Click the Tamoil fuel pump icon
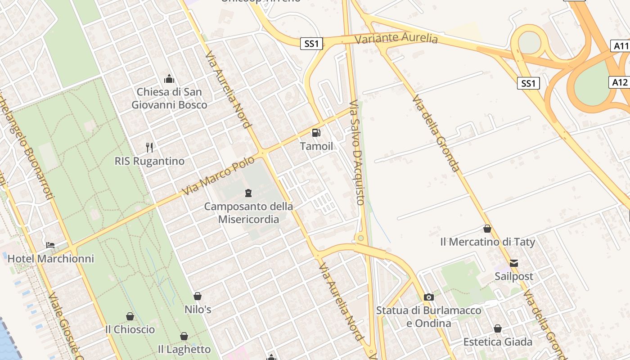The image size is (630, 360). pos(316,133)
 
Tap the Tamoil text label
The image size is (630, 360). pos(317,146)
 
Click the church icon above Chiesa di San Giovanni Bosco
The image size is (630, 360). pos(169,79)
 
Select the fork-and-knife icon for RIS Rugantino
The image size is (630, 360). pos(149,147)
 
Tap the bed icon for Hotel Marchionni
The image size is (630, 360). pos(50,245)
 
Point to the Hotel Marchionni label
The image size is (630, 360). pos(51,259)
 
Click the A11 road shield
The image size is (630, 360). pos(621,45)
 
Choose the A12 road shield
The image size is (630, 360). pos(620,82)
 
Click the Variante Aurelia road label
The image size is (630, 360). pos(396,38)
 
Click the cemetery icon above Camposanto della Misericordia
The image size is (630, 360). pos(248,193)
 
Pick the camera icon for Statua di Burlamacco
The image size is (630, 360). pos(429,297)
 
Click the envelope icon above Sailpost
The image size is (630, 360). pos(513,263)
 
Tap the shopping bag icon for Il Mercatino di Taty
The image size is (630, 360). pos(487,229)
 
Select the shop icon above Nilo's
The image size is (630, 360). pos(198,296)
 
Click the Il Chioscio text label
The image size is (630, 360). pos(130,329)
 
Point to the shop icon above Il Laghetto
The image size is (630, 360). pos(184,336)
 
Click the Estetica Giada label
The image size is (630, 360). pos(498,342)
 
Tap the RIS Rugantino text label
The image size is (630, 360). pos(149,161)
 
